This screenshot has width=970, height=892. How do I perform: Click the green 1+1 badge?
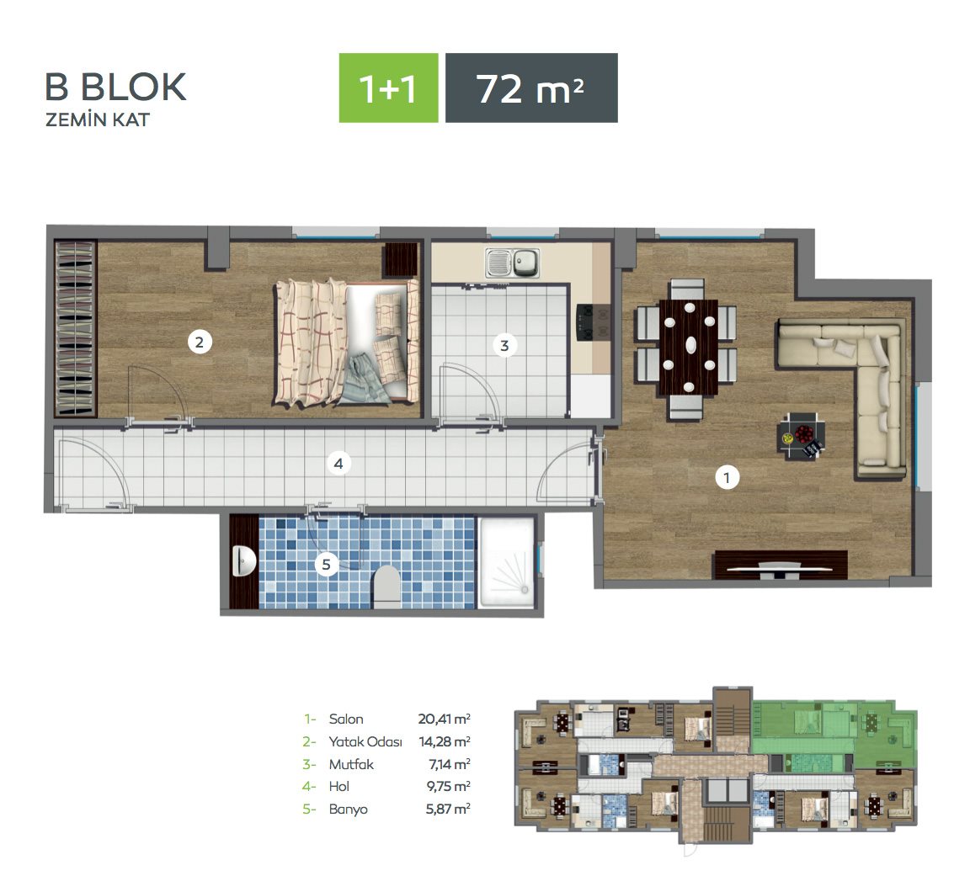[x=388, y=88]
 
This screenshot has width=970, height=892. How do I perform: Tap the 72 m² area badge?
[x=531, y=88]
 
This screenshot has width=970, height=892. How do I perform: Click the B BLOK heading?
[x=115, y=88]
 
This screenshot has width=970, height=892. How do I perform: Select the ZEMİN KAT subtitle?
[x=98, y=120]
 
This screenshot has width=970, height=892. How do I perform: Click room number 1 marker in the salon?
[x=727, y=477]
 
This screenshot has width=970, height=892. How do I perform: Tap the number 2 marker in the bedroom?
[x=200, y=342]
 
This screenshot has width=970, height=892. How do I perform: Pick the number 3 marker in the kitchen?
[x=505, y=346]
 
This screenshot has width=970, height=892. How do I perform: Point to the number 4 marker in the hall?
[x=338, y=462]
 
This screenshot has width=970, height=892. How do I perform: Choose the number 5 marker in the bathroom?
[x=326, y=564]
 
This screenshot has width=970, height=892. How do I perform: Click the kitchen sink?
[x=512, y=263]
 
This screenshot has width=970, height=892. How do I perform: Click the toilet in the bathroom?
[x=388, y=587]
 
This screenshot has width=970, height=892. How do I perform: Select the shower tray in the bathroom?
[x=507, y=563]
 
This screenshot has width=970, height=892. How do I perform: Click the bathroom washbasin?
[x=244, y=561]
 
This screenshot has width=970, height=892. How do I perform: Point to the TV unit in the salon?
[x=780, y=565]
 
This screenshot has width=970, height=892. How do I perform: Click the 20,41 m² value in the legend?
[x=445, y=719]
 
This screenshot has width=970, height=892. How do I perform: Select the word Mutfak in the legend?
[x=351, y=764]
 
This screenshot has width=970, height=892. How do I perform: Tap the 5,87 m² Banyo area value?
[x=448, y=809]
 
